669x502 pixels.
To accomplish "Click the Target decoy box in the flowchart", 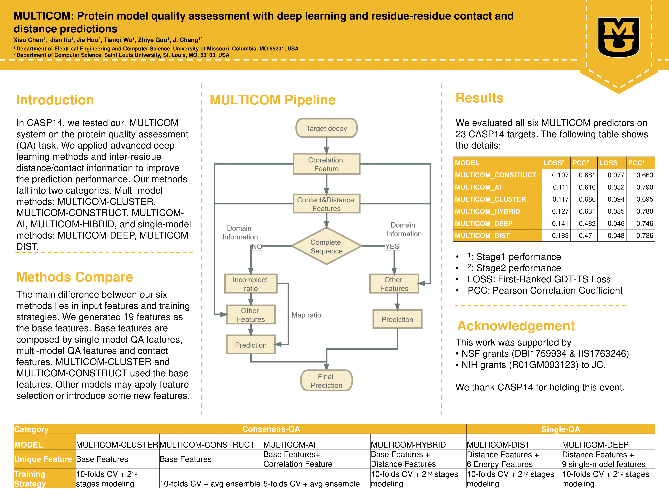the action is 326,128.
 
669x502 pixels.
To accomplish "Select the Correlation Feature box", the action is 326,164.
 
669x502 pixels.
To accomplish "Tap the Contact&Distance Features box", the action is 326,204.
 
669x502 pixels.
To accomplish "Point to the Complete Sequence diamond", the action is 326,246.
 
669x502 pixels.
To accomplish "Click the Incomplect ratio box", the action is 251,284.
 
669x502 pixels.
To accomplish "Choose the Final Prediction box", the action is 326,381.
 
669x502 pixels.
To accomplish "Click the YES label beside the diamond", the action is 392,246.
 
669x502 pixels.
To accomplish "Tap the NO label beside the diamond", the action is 257,246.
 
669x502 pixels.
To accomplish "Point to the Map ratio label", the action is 306,315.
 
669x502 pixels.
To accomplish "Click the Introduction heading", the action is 55,100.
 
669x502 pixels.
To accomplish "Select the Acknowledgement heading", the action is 516,326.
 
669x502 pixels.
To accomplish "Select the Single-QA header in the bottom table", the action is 560,429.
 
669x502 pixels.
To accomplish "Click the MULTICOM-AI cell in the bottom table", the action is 289,445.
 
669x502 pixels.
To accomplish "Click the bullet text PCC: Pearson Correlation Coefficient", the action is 545,290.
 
